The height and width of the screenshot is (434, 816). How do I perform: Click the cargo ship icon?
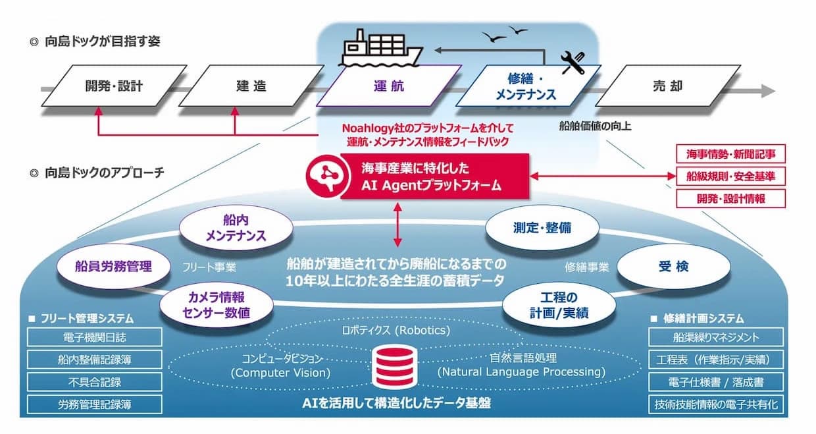pyautogui.click(x=382, y=47)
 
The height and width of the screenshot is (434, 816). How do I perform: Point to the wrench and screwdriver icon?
pyautogui.click(x=573, y=62)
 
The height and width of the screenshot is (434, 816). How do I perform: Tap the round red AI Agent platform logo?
pyautogui.click(x=322, y=175)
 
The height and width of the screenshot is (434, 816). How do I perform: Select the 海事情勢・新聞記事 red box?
pyautogui.click(x=731, y=155)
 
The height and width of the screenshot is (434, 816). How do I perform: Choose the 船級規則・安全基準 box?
pyautogui.click(x=731, y=176)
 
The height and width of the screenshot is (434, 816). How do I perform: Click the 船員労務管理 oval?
pyautogui.click(x=113, y=266)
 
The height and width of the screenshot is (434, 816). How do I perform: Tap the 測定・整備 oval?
pyautogui.click(x=542, y=228)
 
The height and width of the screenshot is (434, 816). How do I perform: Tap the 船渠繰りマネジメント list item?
pyautogui.click(x=716, y=338)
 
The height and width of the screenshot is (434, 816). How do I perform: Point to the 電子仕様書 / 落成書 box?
pyautogui.click(x=716, y=382)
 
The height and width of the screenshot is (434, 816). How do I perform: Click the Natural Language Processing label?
pyautogui.click(x=521, y=372)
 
